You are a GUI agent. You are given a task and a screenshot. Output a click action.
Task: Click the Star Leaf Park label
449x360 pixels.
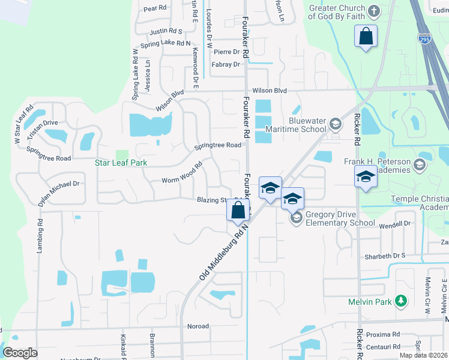(121, 163)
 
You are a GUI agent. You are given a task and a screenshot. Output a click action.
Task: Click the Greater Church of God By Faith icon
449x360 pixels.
(373, 11)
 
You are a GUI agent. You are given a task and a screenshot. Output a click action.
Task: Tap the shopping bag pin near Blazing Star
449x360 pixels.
(238, 210)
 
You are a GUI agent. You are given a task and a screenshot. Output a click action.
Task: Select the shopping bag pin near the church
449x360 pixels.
(366, 37)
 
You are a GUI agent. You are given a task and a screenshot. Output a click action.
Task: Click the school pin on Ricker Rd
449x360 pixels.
(366, 177)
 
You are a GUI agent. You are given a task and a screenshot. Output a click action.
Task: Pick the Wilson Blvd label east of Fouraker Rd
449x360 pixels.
(270, 91)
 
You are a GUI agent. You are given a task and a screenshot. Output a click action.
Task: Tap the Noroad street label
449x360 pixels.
(198, 326)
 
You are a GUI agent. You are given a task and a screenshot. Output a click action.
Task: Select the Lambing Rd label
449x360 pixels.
(40, 235)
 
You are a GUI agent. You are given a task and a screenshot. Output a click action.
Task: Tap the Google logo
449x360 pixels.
(20, 353)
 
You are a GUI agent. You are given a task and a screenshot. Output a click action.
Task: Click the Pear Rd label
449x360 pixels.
(154, 8)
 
